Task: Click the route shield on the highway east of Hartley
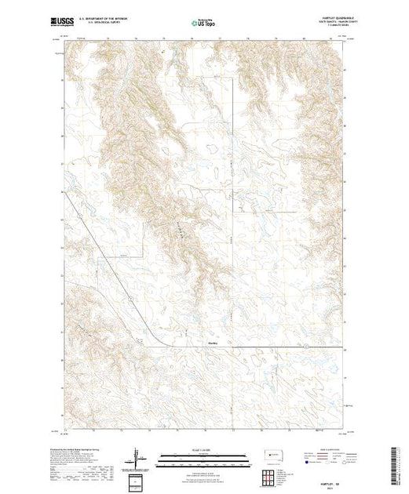click(x=323, y=343)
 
